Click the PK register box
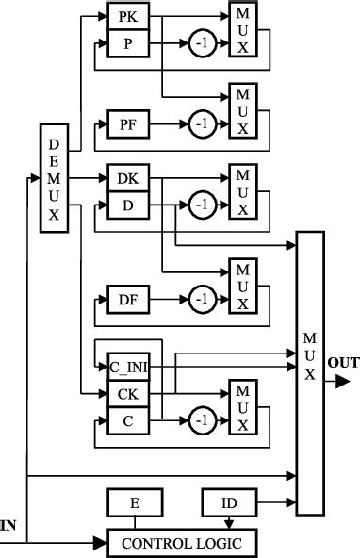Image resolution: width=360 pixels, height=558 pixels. (x=127, y=17)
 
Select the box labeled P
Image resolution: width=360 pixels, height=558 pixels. (x=127, y=43)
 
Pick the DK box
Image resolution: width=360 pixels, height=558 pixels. (x=127, y=178)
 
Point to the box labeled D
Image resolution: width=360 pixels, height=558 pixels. (x=127, y=204)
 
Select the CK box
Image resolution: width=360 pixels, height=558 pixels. (x=127, y=393)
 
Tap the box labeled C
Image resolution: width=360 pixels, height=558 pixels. (x=127, y=419)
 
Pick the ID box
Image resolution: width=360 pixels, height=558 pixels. (x=228, y=504)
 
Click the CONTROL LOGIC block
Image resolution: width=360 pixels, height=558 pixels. (x=183, y=542)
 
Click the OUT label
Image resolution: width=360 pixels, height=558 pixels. (x=341, y=362)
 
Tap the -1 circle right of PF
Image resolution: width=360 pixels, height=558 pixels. (x=199, y=123)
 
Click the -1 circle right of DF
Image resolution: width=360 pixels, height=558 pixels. (x=199, y=301)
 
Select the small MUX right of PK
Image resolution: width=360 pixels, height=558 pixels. (x=242, y=31)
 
